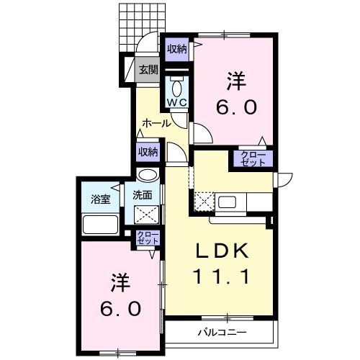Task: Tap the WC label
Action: (x=177, y=103)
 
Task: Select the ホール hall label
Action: (x=156, y=123)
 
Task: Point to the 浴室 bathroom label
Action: (x=100, y=199)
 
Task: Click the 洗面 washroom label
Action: (x=142, y=194)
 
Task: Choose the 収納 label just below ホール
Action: (x=148, y=151)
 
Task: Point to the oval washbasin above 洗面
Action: (x=148, y=175)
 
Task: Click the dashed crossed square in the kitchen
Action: (x=204, y=202)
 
